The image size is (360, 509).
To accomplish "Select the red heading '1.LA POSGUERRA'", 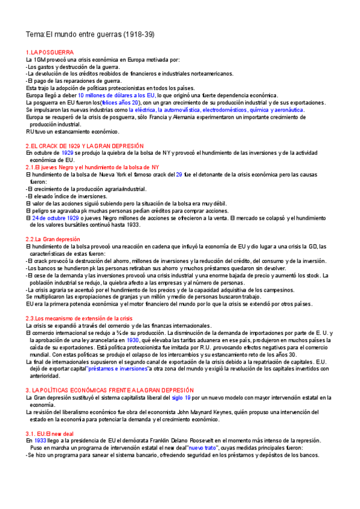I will tap(50, 53).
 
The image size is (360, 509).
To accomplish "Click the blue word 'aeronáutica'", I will tap(288, 110).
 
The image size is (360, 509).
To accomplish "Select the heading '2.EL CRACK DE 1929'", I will tap(85, 146).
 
